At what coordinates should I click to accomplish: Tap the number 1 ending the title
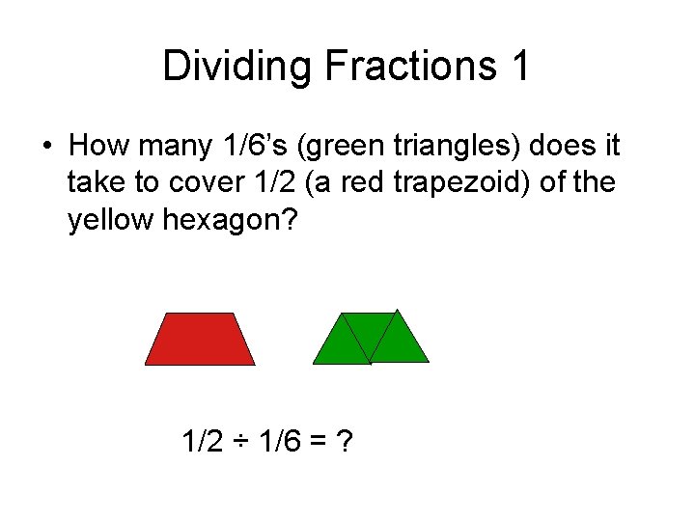(x=518, y=67)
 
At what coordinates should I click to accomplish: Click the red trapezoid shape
(x=200, y=340)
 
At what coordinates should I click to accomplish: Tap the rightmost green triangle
(x=399, y=342)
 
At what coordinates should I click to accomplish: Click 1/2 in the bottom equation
(x=201, y=443)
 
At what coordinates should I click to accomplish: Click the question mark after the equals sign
(x=344, y=443)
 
